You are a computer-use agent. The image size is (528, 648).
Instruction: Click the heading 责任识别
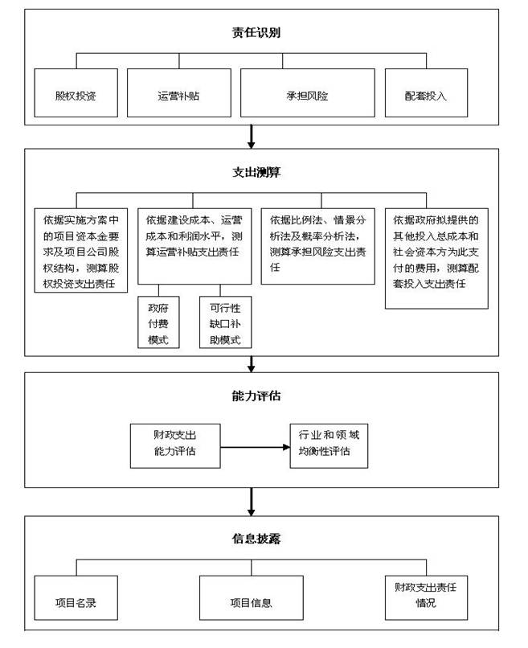256,32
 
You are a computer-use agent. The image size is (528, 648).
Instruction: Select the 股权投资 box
76,93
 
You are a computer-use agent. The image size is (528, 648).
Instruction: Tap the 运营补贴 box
179,93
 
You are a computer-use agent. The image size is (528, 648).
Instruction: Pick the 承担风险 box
308,93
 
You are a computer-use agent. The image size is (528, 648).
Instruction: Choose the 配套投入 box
427,93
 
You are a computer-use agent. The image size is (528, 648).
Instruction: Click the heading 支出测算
256,172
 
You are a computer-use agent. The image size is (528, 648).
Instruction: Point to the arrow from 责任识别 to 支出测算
251,137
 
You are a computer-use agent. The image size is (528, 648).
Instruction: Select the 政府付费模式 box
158,322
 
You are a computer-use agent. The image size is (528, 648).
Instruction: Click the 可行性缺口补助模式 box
226,322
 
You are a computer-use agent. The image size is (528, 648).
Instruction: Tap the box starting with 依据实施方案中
81,251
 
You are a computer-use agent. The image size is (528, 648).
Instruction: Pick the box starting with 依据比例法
318,246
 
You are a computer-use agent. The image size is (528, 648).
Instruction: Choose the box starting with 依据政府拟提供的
436,259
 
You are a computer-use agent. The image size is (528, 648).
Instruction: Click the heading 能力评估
256,396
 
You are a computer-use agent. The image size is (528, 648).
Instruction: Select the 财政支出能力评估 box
175,446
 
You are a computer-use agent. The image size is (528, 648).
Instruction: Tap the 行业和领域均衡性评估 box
329,446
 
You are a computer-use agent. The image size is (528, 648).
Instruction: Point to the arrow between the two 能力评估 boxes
256,447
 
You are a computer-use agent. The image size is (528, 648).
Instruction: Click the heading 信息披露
256,539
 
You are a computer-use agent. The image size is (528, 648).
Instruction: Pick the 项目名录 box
76,598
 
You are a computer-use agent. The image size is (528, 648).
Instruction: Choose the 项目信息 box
252,598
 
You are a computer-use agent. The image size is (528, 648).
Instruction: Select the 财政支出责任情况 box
427,598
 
